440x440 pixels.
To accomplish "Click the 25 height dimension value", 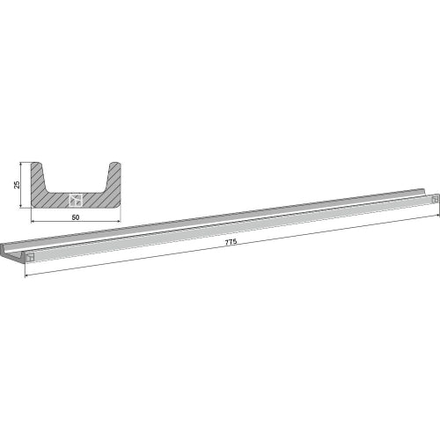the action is pyautogui.click(x=17, y=185).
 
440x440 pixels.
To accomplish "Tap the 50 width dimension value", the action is pyautogui.click(x=76, y=217).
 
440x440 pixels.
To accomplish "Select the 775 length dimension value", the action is pyautogui.click(x=231, y=242).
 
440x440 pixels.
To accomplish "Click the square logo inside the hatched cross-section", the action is pyautogui.click(x=76, y=200).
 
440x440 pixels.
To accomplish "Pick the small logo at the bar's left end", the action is pyautogui.click(x=30, y=257).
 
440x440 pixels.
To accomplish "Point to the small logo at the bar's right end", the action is pyautogui.click(x=435, y=199).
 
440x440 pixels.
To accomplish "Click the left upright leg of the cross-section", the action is pyautogui.click(x=39, y=178).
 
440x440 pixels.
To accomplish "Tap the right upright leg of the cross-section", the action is pyautogui.click(x=114, y=178).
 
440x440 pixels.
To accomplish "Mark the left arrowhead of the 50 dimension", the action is pyautogui.click(x=33, y=221).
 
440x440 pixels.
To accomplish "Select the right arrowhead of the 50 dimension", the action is pyautogui.click(x=118, y=221).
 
